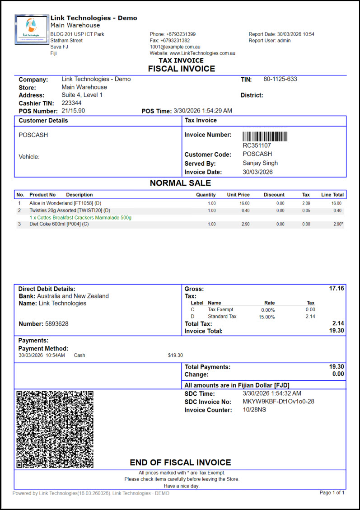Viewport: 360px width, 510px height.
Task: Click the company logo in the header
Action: coord(32,30)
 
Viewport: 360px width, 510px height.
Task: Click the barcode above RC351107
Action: coord(265,137)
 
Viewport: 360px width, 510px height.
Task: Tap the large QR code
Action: coord(55,429)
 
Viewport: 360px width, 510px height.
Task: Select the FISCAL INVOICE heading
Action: coord(182,69)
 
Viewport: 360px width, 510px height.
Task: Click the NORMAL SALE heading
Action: coord(180,183)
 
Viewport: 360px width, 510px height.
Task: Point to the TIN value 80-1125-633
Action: coord(280,80)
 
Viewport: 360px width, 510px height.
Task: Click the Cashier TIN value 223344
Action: coord(71,103)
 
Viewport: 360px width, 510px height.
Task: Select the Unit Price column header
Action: coord(238,195)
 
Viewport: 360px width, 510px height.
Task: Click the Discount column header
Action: coord(274,195)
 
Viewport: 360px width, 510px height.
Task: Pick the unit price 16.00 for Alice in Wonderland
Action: coord(244,203)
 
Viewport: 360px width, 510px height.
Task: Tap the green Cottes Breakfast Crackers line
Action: coord(80,218)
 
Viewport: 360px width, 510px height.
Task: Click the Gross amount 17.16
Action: coord(337,288)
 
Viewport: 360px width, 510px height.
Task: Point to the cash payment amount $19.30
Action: coord(175,356)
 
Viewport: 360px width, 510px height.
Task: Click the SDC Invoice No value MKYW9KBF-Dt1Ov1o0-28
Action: coord(278,402)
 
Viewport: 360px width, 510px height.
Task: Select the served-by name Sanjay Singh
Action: coord(260,163)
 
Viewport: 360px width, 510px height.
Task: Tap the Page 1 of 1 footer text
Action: coord(332,493)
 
